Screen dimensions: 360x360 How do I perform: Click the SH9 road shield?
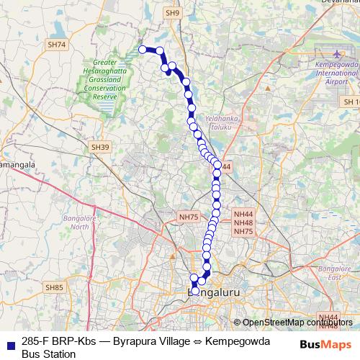pos(171,13)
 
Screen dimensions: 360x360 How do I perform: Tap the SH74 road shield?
pos(57,45)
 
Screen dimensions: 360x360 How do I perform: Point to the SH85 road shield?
pos(54,288)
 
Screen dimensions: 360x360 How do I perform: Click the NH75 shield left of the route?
pos(189,216)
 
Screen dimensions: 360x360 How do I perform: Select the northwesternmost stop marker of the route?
pos(143,49)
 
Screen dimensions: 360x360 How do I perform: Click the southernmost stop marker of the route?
pos(195,291)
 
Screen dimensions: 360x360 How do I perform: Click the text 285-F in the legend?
pos(34,341)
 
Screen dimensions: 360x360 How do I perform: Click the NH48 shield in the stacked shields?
pos(243,222)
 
